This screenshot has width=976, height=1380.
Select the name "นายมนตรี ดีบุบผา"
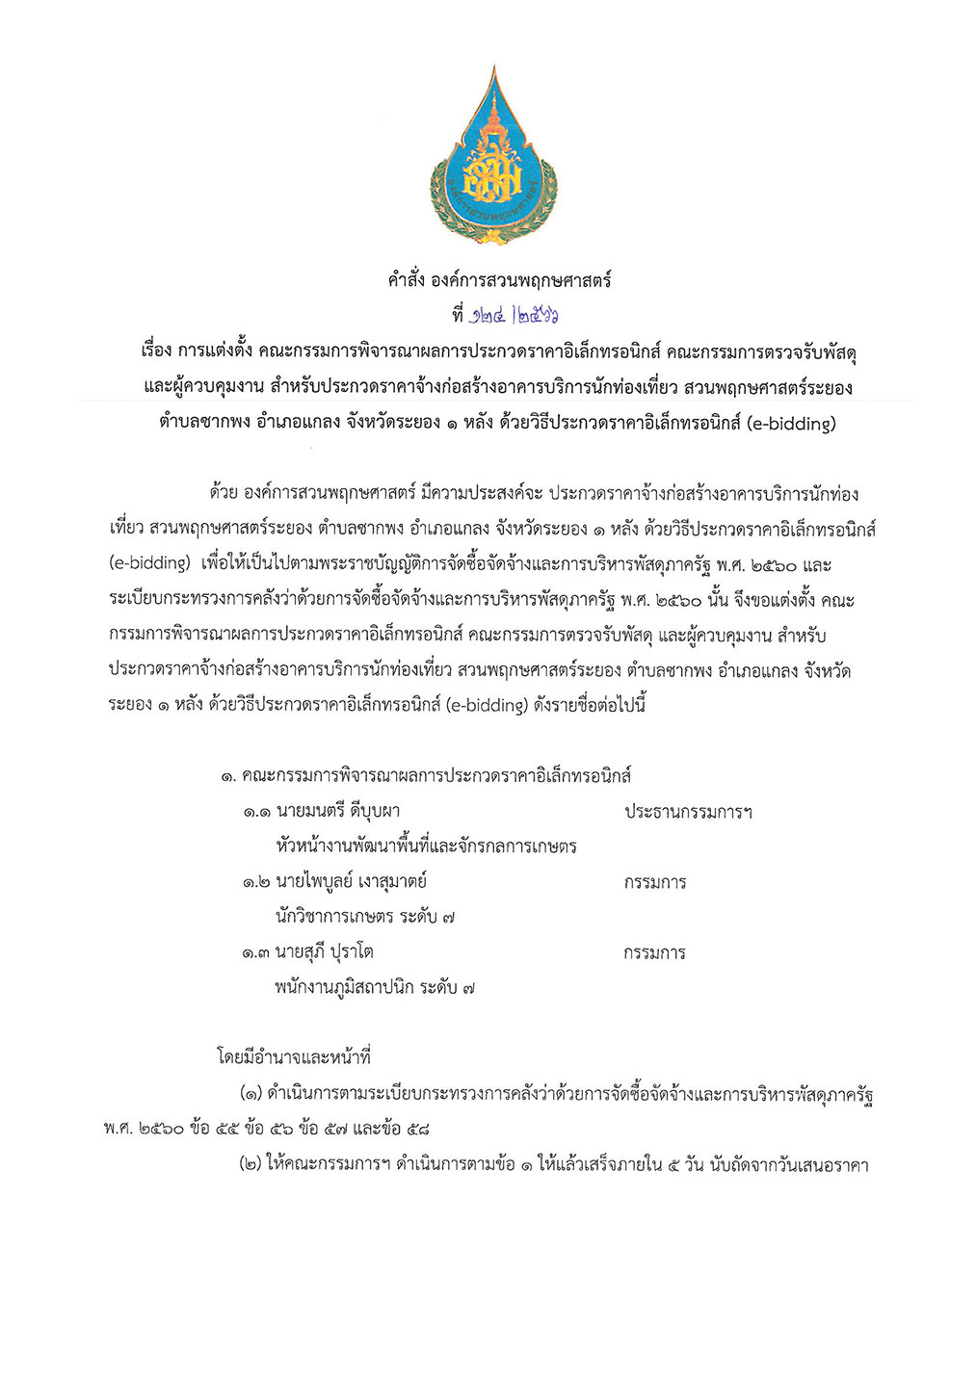pos(337,811)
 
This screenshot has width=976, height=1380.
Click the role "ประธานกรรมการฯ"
pos(688,812)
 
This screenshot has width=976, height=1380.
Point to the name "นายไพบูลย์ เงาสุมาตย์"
pos(351,881)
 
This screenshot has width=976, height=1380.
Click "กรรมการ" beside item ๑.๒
pos(655,882)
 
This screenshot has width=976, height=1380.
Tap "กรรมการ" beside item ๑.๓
pos(655,953)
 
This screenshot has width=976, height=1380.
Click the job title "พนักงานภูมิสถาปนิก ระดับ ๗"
pos(375,987)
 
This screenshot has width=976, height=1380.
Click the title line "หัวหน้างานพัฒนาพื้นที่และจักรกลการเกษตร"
pos(426,846)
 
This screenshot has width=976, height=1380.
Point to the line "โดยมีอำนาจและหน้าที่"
pos(294,1057)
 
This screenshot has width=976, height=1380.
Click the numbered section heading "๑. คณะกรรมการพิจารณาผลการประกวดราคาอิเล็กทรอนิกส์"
pos(425,775)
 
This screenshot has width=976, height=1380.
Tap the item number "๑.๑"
pos(255,812)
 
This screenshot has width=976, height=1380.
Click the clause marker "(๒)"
pos(250,1164)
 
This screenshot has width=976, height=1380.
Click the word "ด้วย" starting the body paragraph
pos(223,494)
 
